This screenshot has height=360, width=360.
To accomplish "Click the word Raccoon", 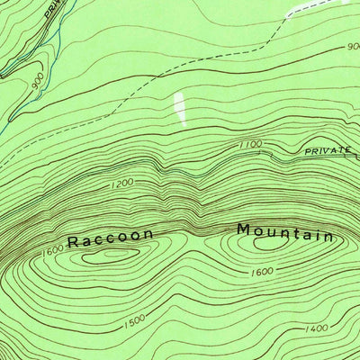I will (110, 238).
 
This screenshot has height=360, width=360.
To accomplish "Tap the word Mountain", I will (284, 232).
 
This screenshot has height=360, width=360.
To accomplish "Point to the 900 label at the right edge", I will (351, 47).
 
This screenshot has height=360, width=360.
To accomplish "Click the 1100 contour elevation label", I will (250, 144).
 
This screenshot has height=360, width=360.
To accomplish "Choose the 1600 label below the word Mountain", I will (263, 271).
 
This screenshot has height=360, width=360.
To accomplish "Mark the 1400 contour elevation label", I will (317, 328).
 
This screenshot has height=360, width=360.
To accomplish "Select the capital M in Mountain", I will (243, 229).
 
